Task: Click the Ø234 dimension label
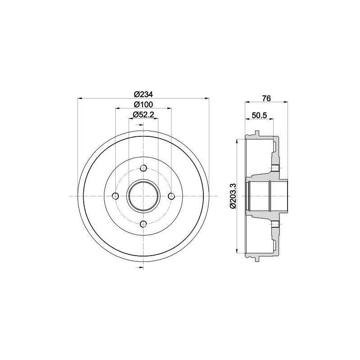pyautogui.click(x=144, y=94)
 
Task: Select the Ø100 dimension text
pyautogui.click(x=144, y=104)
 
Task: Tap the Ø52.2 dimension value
pyautogui.click(x=144, y=115)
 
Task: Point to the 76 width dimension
pyautogui.click(x=266, y=98)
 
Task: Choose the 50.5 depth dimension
pyautogui.click(x=260, y=116)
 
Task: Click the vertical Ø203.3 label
pyautogui.click(x=233, y=196)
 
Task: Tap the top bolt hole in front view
pyautogui.click(x=144, y=168)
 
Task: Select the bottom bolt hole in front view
pyautogui.click(x=144, y=224)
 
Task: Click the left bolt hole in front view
pyautogui.click(x=116, y=196)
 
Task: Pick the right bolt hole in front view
pyautogui.click(x=171, y=196)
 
